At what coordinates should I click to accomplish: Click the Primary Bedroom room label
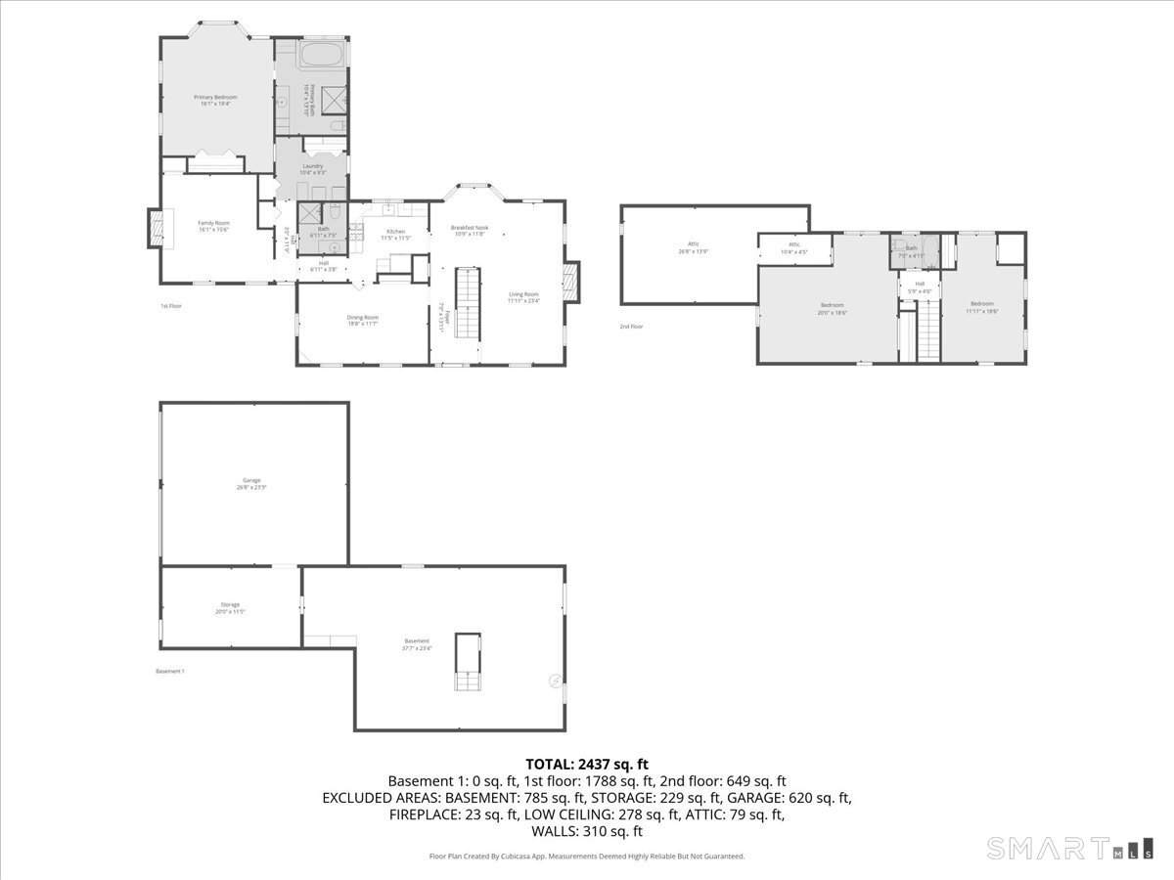click(215, 100)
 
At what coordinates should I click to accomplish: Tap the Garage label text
click(251, 483)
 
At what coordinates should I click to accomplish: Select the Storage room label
click(230, 607)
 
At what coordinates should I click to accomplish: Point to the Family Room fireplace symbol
click(155, 228)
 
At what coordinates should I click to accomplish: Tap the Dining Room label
click(362, 320)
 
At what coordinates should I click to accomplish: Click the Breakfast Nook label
click(470, 231)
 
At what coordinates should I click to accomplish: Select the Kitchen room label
click(394, 234)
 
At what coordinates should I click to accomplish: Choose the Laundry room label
click(312, 169)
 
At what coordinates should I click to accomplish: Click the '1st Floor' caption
click(171, 306)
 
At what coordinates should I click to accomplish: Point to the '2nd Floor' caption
click(631, 327)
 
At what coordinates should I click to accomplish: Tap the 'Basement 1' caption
click(170, 671)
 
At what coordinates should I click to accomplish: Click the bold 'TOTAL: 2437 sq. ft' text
click(587, 764)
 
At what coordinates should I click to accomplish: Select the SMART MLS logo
click(1069, 848)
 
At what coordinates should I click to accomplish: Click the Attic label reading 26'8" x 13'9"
click(693, 247)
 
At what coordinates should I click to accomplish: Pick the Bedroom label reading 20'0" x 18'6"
click(833, 308)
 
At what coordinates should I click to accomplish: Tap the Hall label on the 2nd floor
click(920, 287)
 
